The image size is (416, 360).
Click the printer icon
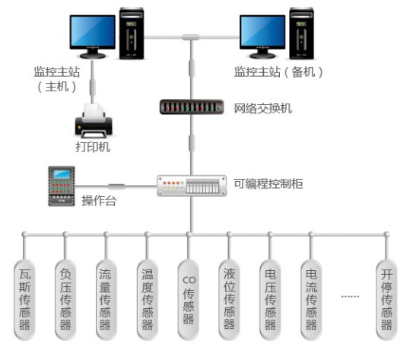93,122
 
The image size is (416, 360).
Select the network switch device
190,107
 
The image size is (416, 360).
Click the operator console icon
61,184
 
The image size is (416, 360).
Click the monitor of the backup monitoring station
263,34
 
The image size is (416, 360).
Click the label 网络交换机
263,108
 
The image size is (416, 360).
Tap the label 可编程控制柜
268,183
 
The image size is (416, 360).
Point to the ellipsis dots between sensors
350,295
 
